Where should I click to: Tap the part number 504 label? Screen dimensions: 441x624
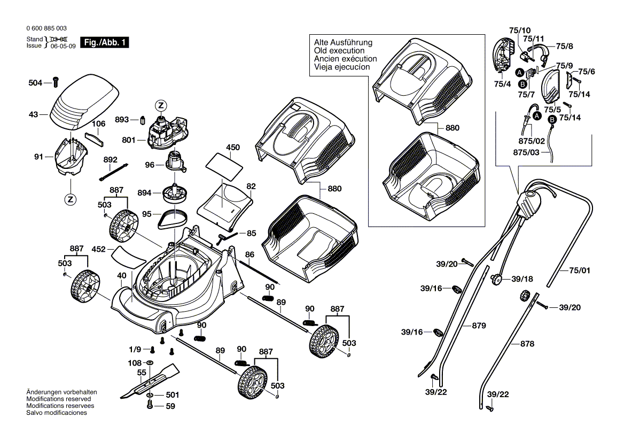coord(35,82)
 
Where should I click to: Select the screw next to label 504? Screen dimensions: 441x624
coord(55,82)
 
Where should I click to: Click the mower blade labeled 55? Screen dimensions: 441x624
coord(149,380)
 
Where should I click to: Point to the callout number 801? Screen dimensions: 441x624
coord(128,141)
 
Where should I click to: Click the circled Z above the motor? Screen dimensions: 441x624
coord(161,105)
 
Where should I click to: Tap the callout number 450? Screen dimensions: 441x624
coord(233,147)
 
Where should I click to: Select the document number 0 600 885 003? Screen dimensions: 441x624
coord(46,28)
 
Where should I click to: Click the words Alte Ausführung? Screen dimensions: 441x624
coord(343,42)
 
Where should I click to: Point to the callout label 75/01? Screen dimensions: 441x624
coord(579,270)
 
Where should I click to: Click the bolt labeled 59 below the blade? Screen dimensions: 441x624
coord(150,406)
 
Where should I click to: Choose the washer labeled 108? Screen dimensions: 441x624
coord(149,363)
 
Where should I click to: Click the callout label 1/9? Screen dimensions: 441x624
coord(135,350)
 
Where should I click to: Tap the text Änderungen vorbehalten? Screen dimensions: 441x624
coord(61,392)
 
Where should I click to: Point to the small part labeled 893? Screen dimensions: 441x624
coord(143,119)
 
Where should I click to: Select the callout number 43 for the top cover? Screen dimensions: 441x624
coord(33,114)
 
